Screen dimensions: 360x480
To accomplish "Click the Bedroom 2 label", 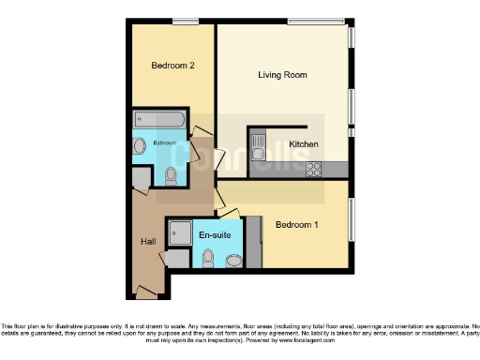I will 172,66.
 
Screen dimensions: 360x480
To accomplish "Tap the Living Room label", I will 283,74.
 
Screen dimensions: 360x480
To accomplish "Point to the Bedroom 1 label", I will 295,225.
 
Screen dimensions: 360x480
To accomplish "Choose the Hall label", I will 149,242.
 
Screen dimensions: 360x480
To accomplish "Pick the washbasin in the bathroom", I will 140,146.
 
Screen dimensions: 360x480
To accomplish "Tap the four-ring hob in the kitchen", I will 313,169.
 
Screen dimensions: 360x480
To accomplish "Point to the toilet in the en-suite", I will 208,258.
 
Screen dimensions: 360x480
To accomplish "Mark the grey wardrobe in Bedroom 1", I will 253,243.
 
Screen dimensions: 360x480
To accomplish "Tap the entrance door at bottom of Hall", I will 145,292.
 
